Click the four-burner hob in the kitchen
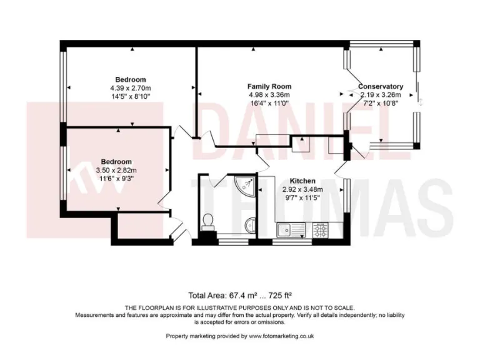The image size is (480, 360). [320, 230]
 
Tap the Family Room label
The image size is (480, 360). [269, 86]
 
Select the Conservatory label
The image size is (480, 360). [380, 86]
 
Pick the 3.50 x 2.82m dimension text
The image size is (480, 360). [116, 170]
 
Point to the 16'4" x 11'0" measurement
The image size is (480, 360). [269, 103]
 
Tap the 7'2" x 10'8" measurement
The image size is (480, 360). [380, 103]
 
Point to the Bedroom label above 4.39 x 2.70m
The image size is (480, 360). [131, 79]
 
